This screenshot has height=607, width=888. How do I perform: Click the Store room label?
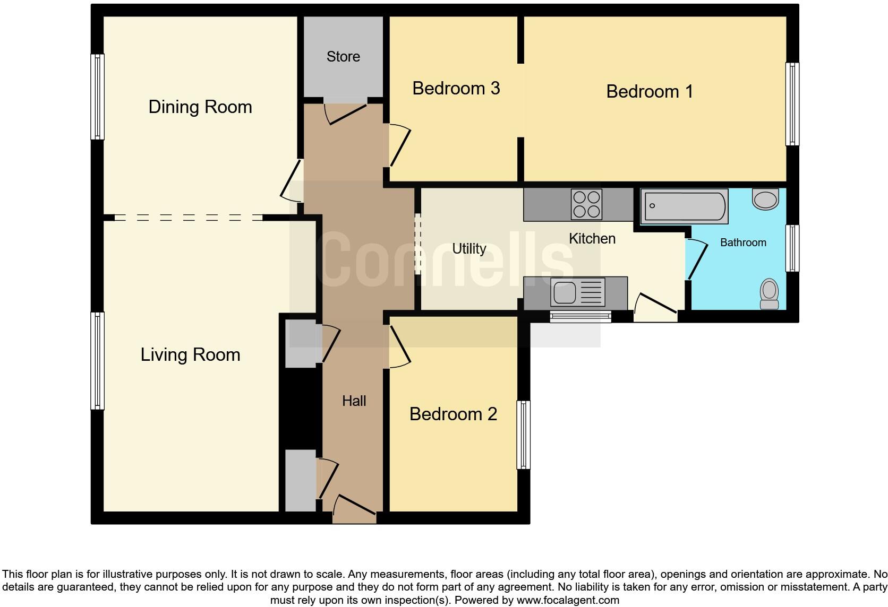[343, 57]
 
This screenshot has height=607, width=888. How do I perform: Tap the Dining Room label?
[200, 107]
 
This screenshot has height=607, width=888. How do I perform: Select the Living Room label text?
[190, 354]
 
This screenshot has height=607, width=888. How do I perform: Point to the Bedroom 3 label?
[456, 88]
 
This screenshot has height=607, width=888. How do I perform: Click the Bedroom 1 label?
[650, 91]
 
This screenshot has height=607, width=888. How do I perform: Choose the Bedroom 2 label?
[453, 414]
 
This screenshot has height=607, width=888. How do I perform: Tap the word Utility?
[469, 248]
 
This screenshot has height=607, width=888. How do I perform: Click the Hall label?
[354, 401]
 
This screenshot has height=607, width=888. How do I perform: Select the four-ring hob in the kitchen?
[587, 204]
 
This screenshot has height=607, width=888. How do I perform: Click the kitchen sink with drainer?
[578, 292]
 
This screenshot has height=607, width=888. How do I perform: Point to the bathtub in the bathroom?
[684, 206]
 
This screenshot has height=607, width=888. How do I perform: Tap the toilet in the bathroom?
[769, 294]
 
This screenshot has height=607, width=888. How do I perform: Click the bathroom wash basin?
[765, 200]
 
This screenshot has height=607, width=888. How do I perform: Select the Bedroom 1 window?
[792, 104]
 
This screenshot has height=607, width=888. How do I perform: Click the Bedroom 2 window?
[524, 435]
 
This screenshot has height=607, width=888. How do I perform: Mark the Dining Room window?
[97, 97]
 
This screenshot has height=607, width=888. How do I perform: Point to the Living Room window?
[97, 361]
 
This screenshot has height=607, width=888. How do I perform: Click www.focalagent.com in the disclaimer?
[567, 600]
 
